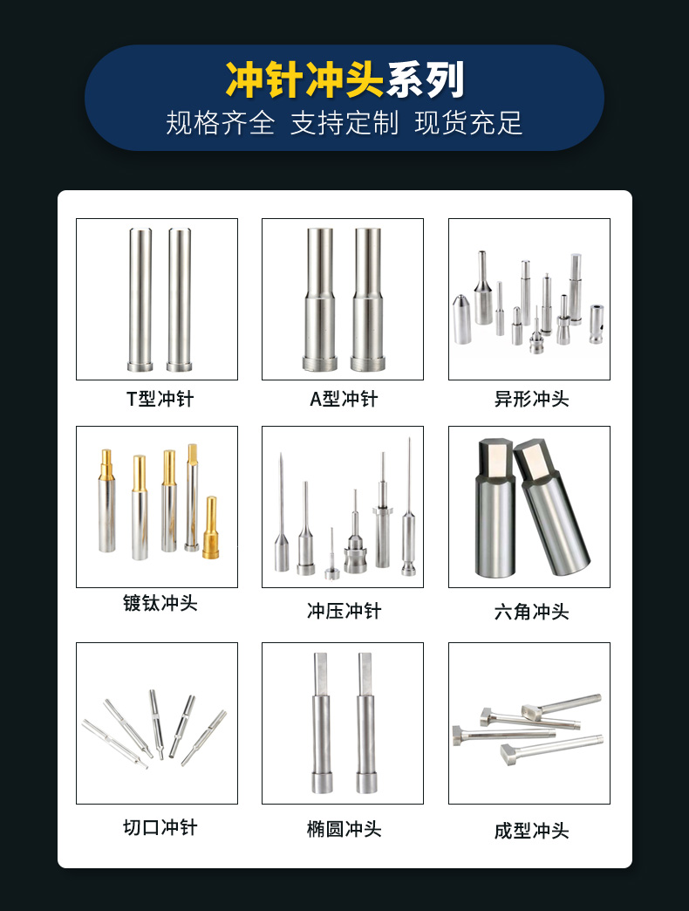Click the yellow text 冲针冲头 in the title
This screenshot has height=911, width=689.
[304, 80]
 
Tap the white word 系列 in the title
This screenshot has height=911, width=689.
[426, 80]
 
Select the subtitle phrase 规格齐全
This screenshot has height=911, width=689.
[220, 123]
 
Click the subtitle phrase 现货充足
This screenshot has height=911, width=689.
[468, 123]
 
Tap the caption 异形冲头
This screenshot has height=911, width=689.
[529, 400]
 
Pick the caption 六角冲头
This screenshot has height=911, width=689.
[529, 612]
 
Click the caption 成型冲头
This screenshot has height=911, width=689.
[529, 831]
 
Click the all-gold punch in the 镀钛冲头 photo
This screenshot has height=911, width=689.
[211, 529]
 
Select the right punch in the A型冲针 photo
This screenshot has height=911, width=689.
[366, 301]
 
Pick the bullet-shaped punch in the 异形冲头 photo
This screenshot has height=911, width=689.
[462, 319]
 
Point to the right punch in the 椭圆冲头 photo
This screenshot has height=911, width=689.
[367, 724]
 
